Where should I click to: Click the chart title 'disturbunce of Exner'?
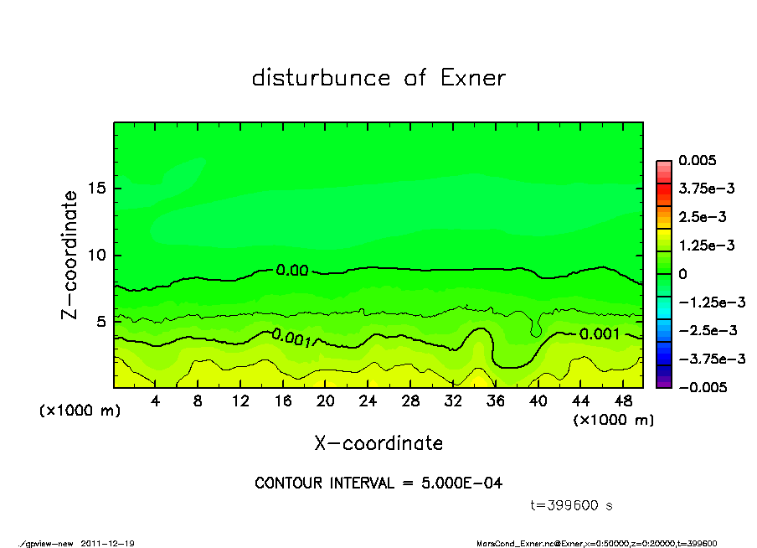click(378, 79)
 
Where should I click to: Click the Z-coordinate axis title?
click(70, 255)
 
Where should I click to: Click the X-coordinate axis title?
click(378, 443)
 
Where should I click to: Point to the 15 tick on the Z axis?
click(98, 189)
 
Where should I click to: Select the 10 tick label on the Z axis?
click(98, 255)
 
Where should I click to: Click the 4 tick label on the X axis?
click(156, 401)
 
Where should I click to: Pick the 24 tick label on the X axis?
click(368, 401)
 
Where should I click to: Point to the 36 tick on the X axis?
click(495, 401)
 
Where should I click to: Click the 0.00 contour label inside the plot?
click(292, 270)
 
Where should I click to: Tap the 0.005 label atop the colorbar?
click(699, 161)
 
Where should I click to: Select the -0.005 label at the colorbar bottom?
click(703, 387)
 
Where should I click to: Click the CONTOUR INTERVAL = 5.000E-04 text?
click(378, 483)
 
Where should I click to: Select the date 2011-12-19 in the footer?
click(108, 543)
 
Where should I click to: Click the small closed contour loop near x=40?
click(536, 331)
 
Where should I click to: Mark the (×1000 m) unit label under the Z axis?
click(76, 411)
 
